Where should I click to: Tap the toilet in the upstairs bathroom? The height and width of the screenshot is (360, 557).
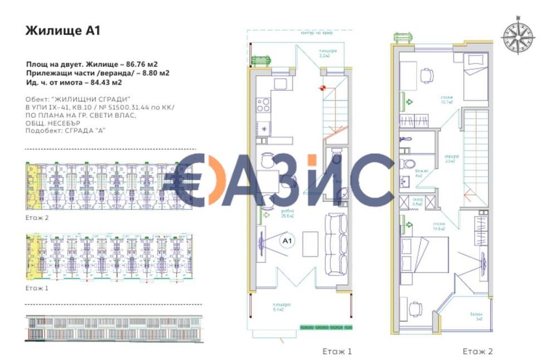406,164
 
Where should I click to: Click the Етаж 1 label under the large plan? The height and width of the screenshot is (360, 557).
337,351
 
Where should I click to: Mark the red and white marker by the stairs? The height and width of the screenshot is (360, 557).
322,87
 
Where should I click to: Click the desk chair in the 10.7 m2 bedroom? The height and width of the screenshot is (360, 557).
426,74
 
